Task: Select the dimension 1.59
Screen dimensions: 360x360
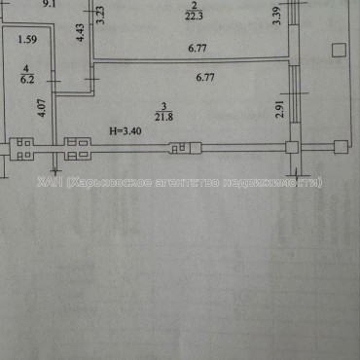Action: (x=27, y=41)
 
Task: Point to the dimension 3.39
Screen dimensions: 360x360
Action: (x=277, y=16)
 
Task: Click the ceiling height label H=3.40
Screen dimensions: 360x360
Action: (x=125, y=131)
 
